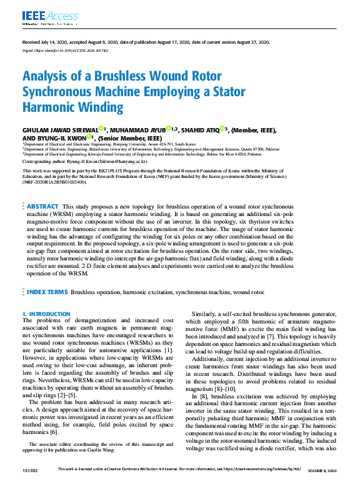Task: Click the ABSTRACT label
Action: click(x=42, y=207)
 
